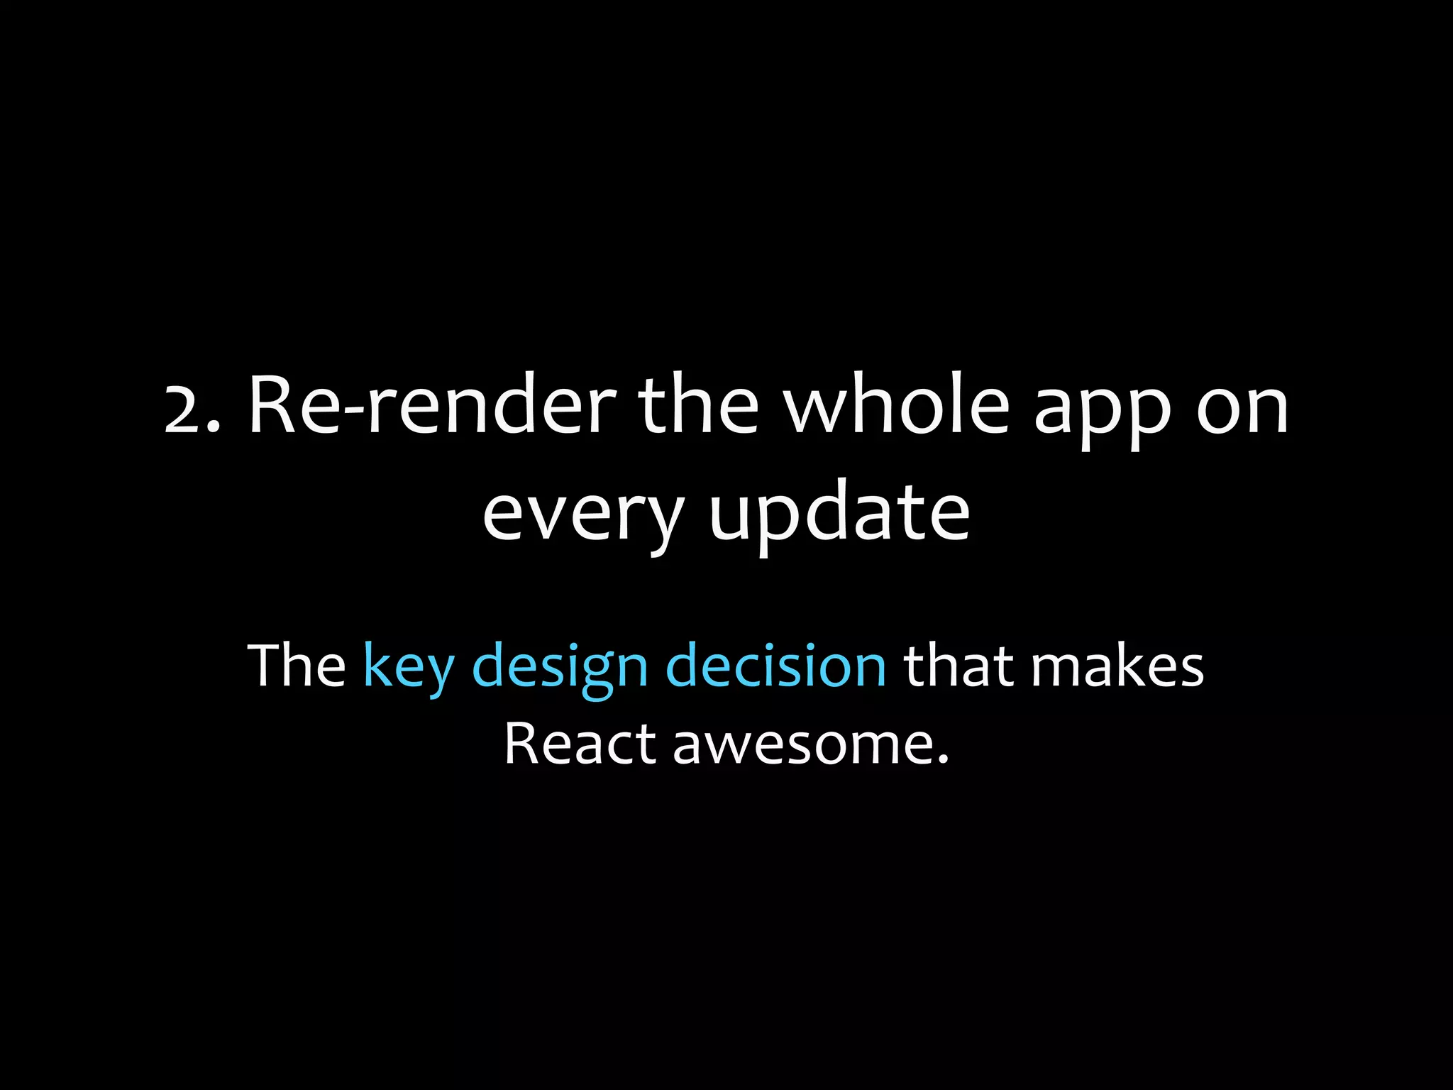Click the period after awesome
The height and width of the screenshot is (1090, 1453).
pos(943,761)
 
